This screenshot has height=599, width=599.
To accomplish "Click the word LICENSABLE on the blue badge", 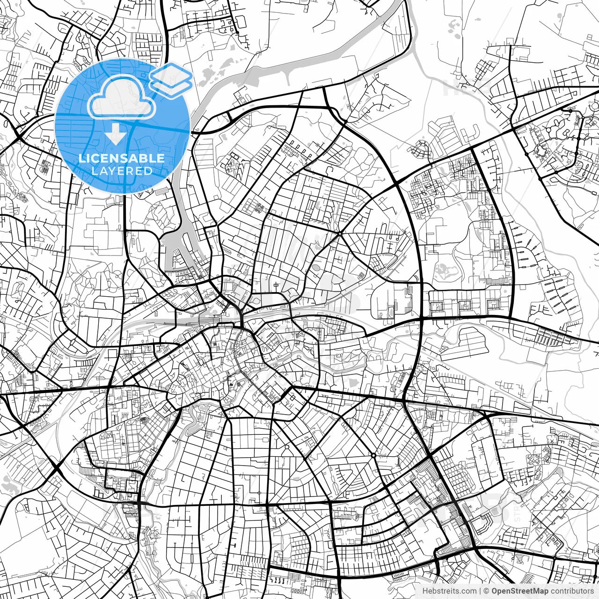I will point(122,158).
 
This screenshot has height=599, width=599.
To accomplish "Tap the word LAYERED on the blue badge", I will point(122,171).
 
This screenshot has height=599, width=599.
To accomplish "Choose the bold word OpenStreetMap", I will point(519,591).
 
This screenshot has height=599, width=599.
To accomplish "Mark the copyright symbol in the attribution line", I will point(487,591).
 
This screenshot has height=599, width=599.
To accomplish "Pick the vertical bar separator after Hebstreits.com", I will point(481,591).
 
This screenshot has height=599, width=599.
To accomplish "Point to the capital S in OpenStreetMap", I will point(514,591).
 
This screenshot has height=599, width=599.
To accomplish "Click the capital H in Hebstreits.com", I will point(425,591).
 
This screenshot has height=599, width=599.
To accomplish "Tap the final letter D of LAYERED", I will point(148,171).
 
